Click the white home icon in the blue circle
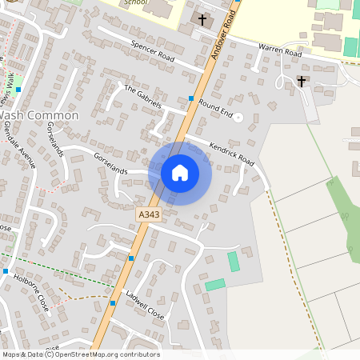point(180,172)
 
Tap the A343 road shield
point(149,215)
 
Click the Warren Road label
point(279,50)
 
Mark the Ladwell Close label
point(145,305)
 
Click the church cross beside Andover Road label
point(202,18)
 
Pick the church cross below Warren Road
point(302,81)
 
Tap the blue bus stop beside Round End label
point(191,98)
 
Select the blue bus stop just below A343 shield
point(131,258)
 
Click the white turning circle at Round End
point(237,117)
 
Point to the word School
point(137,3)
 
